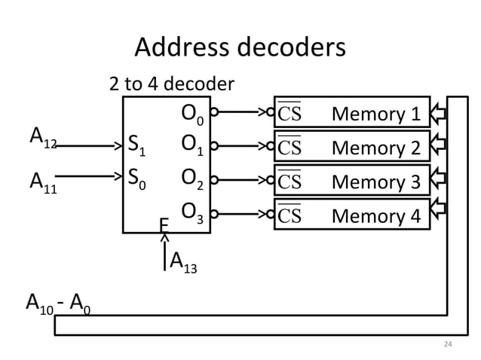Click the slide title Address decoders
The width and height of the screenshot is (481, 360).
tap(240, 47)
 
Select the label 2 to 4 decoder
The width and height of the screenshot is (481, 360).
tap(172, 83)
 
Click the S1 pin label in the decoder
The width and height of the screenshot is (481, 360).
tap(137, 144)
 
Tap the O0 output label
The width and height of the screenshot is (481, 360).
tap(191, 114)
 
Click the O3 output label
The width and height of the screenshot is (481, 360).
tap(191, 214)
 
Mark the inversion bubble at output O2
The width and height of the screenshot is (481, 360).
tap(214, 181)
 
